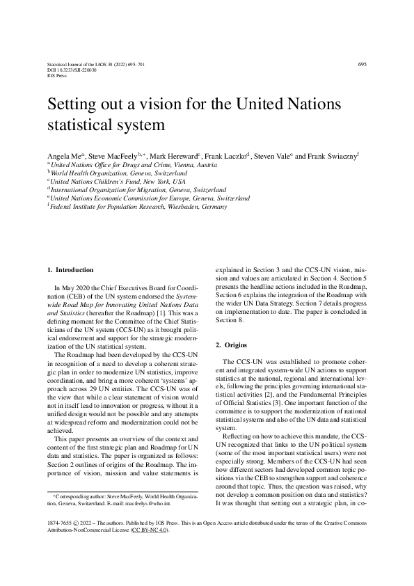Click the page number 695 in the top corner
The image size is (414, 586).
(x=362, y=64)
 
